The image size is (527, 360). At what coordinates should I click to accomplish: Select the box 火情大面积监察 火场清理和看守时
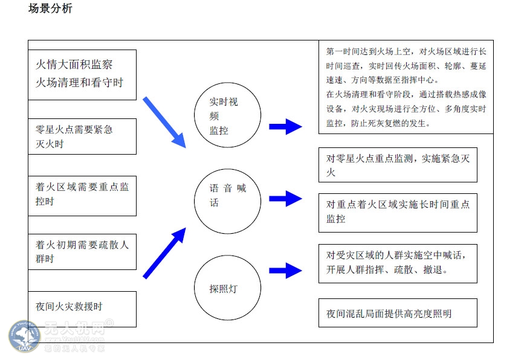pos(82,74)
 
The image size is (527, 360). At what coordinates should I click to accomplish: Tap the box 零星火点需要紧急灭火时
pos(82,137)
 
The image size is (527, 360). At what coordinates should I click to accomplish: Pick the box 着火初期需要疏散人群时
pos(82,252)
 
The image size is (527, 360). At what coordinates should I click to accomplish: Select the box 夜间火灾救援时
pos(82,307)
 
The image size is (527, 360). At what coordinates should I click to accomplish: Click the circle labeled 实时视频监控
pos(227,115)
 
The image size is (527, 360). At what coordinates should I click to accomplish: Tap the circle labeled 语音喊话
pos(227,201)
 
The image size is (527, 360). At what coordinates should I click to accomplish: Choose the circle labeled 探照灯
pos(227,288)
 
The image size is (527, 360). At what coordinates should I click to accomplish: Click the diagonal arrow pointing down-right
pos(164,121)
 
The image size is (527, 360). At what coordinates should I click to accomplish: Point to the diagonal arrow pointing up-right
pos(164,253)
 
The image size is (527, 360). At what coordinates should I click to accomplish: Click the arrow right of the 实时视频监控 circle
pos(285,126)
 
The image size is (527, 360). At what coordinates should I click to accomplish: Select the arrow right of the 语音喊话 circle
pos(285,198)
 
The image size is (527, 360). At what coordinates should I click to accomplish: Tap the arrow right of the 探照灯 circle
pos(285,270)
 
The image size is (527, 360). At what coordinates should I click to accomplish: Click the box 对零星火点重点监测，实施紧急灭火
pos(398,165)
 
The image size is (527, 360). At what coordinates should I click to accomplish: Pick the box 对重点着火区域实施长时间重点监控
pos(398,212)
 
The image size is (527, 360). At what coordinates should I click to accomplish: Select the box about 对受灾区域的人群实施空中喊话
pos(398,262)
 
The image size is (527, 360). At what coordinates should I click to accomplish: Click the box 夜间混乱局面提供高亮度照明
pos(398,313)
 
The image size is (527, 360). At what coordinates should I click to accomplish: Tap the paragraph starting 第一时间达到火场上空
pos(406,87)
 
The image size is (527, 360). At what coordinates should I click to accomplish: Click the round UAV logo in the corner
pos(25,337)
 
